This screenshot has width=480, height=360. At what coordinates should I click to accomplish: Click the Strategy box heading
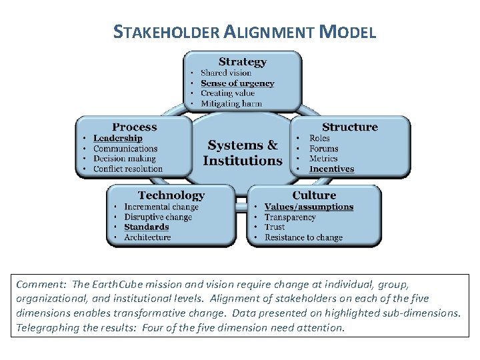(x=242, y=62)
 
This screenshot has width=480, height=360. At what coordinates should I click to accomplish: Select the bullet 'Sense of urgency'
(x=237, y=83)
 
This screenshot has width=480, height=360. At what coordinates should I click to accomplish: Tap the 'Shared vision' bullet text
(x=226, y=73)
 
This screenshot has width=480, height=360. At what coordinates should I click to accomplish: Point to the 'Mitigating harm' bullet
(x=231, y=103)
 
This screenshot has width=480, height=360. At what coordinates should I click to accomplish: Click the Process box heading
(x=135, y=127)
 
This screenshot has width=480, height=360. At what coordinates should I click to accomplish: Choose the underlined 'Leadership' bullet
(x=117, y=138)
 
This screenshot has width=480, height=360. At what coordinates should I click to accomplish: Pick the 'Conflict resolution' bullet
(x=128, y=169)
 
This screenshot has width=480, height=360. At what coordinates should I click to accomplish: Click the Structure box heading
(x=349, y=127)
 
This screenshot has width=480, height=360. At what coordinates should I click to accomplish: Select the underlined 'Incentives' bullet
(x=331, y=169)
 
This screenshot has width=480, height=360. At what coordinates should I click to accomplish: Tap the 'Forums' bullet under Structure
(x=324, y=149)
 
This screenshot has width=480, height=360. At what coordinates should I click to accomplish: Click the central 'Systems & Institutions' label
(x=243, y=153)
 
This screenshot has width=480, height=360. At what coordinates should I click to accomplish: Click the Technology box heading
(x=171, y=195)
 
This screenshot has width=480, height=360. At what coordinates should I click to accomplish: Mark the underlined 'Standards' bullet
(x=147, y=227)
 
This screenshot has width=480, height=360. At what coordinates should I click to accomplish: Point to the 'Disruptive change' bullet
(x=158, y=217)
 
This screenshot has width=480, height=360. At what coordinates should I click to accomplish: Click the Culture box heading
(x=314, y=195)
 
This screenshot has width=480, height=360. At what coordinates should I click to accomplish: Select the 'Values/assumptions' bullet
(x=309, y=207)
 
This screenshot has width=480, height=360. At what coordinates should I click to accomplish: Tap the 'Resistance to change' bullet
(x=303, y=237)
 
